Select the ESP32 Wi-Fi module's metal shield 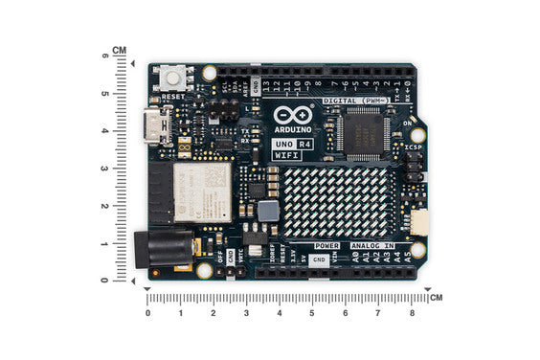[204, 191]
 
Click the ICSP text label [414, 148]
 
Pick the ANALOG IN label [371, 246]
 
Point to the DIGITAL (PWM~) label [354, 100]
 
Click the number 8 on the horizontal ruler [412, 313]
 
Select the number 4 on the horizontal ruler [279, 313]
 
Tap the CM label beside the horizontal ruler [436, 298]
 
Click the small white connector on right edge [419, 222]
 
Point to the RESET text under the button [173, 98]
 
